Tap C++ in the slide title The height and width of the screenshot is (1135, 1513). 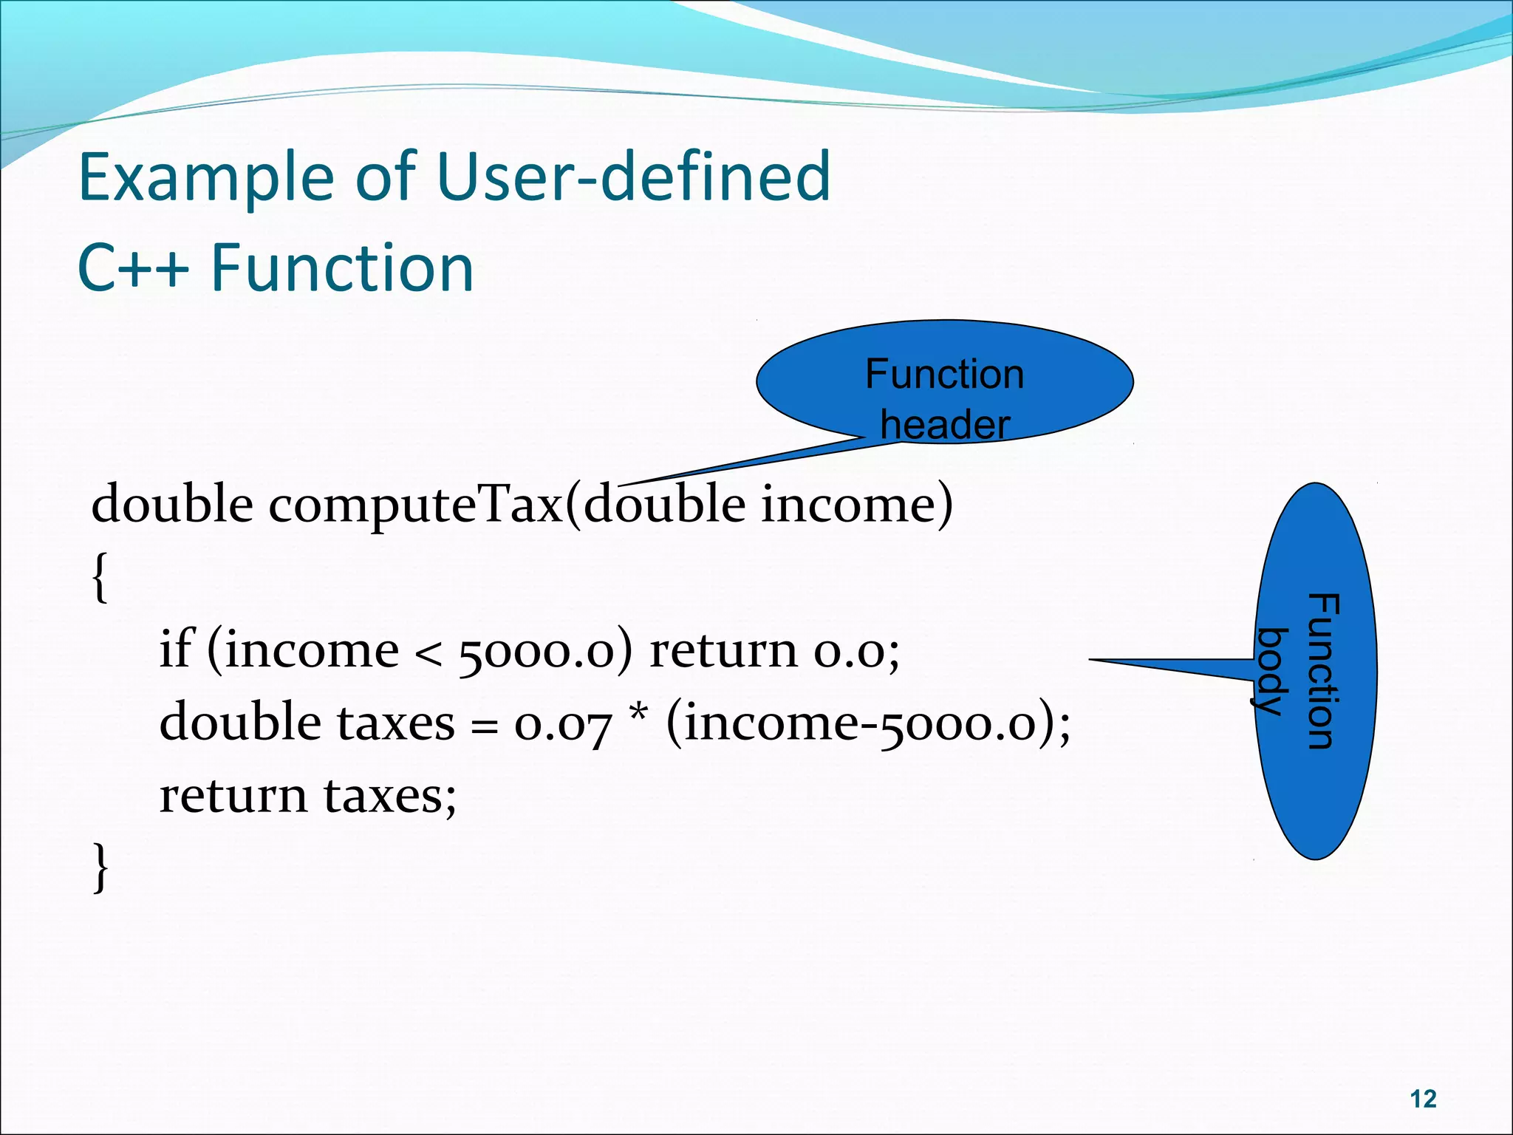133,267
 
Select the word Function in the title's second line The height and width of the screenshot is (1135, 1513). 342,267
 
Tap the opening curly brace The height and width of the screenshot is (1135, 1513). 100,578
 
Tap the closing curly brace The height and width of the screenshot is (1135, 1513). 100,868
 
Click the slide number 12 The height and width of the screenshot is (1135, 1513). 1423,1099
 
